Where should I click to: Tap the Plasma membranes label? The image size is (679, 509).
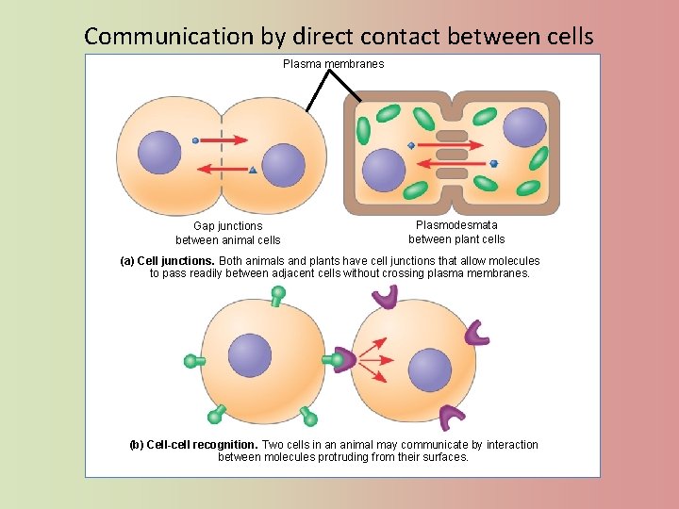point(334,64)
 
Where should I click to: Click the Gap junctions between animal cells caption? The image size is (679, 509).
point(228,233)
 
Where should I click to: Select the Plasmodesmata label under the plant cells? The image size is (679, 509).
point(456,232)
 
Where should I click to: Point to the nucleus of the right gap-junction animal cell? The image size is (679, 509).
point(283,165)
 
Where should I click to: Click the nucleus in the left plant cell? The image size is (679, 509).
point(384,170)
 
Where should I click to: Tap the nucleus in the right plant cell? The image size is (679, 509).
point(524,127)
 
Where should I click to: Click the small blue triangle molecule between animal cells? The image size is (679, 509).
point(253,171)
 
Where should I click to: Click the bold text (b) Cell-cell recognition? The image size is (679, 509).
point(192,445)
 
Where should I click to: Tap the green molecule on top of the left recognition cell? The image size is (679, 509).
point(277,295)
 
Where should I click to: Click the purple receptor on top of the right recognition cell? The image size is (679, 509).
point(385,298)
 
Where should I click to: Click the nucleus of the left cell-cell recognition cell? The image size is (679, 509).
point(249,356)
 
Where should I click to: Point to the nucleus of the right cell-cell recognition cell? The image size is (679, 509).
point(429,370)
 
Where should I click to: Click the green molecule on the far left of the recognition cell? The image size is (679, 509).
point(193,360)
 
